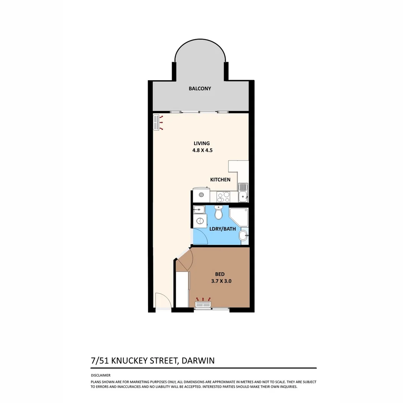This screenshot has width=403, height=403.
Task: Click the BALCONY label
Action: (x=200, y=88)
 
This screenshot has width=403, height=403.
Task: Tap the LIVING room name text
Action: (x=201, y=143)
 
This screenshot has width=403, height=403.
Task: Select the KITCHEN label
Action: (x=220, y=179)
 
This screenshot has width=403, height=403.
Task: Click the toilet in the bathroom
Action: (x=219, y=213)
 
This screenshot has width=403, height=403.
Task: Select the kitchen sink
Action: (x=243, y=192)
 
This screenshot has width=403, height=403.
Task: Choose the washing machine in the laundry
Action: (x=199, y=221)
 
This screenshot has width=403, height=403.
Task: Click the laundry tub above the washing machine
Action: (x=199, y=209)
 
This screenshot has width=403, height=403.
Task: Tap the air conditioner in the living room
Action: (x=156, y=122)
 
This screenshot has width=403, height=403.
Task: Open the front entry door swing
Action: (x=163, y=301)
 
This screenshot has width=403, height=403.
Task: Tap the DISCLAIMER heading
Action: (x=101, y=375)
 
